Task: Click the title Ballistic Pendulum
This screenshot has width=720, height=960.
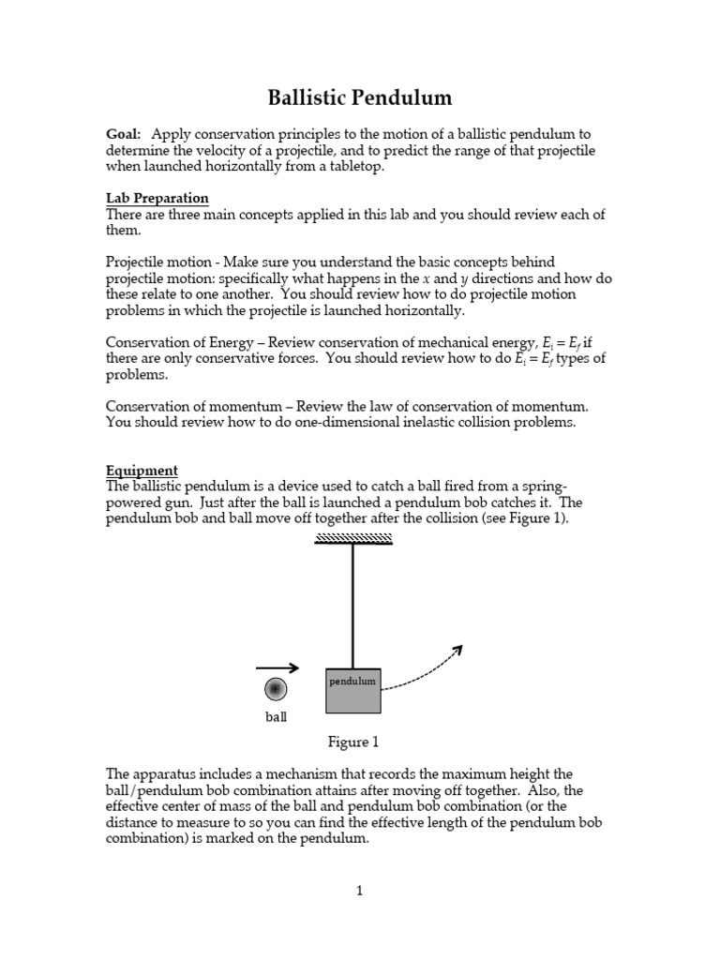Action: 359,97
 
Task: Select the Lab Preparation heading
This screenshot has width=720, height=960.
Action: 157,199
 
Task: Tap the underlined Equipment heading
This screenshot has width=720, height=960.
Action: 142,471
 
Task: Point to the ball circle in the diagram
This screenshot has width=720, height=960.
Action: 275,690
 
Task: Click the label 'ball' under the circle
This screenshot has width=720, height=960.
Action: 275,717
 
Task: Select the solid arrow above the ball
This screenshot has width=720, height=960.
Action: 277,668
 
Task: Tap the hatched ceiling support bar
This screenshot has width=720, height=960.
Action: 352,537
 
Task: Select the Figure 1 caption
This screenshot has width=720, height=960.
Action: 352,742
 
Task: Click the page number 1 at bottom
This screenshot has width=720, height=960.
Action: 359,891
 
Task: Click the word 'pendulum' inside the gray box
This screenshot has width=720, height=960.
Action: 352,682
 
